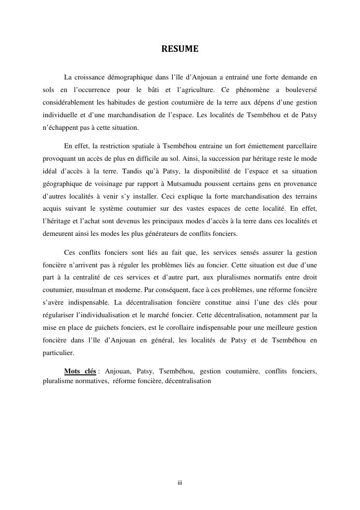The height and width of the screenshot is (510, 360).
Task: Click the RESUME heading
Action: click(180, 49)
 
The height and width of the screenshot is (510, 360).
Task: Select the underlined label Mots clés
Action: click(80, 371)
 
